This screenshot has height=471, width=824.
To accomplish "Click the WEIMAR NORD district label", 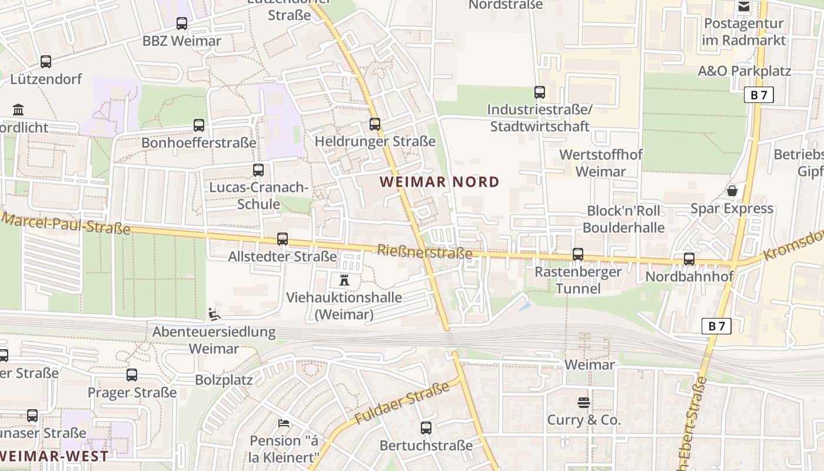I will coord(440,182).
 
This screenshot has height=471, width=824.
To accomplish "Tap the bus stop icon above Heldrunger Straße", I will coord(375,124).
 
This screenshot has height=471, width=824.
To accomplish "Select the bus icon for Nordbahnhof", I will coord(689,258).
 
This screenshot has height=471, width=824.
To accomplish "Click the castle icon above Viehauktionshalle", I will coord(344,280).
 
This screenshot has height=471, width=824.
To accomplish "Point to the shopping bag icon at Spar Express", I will coord(732,191).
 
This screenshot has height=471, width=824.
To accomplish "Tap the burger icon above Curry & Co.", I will coord(584,403).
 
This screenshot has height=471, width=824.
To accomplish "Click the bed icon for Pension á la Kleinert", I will coord(284,423).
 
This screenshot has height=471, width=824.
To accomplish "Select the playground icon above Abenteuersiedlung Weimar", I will coord(214,314).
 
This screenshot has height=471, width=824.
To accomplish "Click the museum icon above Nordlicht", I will coord(18,110).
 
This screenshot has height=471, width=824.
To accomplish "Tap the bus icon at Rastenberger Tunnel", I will coord(578,254).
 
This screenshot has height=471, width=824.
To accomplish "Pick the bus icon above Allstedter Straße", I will coord(283,239).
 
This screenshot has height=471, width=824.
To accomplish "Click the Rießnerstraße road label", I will coord(424,253).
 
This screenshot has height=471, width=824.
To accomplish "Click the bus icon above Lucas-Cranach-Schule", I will coord(258,170).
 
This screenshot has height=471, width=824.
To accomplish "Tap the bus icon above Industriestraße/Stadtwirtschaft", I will coord(539,92).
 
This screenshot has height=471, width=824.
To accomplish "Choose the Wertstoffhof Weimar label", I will coord(600,163).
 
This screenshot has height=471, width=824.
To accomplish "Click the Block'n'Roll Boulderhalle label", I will coord(623,219).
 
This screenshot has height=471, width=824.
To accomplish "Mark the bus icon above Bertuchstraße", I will coord(426,428).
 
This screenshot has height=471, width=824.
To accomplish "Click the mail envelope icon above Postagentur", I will coord(744,6).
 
